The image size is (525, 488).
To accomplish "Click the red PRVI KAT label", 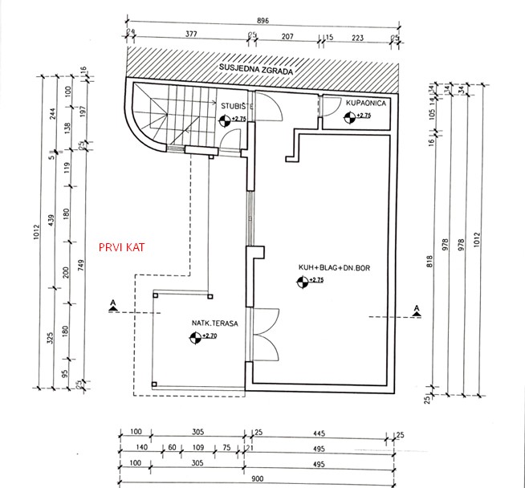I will (121, 247).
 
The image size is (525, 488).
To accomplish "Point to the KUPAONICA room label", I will (366, 104).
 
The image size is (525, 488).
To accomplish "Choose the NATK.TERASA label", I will (212, 324).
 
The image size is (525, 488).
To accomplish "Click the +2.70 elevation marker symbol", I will (195, 337).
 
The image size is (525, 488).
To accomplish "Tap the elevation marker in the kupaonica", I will (348, 117).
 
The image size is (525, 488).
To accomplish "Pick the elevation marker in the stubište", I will (224, 120).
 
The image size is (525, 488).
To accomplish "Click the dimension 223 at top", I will (358, 36).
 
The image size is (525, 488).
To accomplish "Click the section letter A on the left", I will (115, 303).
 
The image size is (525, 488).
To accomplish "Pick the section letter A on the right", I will (416, 308).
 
